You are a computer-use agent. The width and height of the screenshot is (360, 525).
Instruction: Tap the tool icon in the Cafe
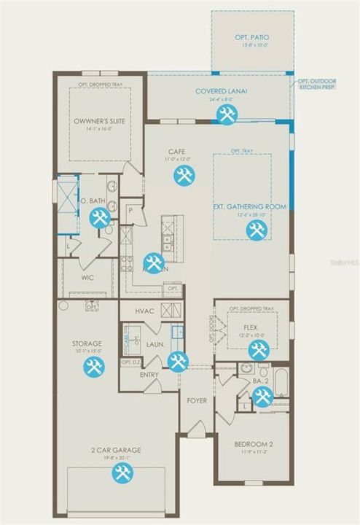(x=183, y=175)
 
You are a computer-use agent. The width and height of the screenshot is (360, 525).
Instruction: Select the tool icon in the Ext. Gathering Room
(x=254, y=230)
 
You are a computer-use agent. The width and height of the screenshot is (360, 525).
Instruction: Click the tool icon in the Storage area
(x=93, y=367)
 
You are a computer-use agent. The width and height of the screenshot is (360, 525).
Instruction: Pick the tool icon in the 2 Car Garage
(x=122, y=472)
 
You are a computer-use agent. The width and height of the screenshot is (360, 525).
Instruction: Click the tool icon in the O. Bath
(x=99, y=217)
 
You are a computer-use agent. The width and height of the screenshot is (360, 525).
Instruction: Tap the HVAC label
(x=146, y=311)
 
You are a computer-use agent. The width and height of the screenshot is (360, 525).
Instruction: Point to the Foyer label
(x=197, y=400)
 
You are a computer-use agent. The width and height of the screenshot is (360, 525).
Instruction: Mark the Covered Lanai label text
(x=222, y=91)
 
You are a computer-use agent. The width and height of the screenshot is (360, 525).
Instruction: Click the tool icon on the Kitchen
(x=153, y=262)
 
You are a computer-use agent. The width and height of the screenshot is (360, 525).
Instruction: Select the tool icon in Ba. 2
(x=262, y=396)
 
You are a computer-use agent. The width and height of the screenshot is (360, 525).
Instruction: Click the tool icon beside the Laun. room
(x=178, y=362)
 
